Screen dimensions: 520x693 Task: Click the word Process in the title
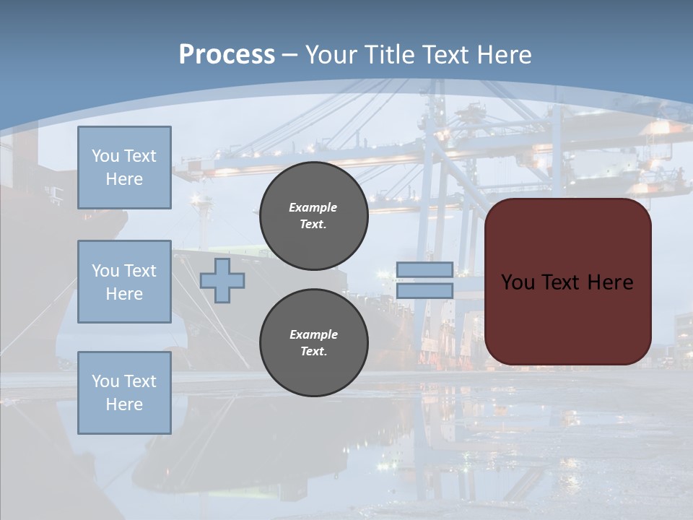point(227,55)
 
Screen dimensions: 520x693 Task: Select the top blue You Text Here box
point(124,168)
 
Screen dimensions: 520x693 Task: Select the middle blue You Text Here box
point(124,282)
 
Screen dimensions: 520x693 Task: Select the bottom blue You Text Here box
point(124,392)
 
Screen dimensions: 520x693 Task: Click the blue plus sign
point(222,280)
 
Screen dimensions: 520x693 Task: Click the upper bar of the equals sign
point(424,270)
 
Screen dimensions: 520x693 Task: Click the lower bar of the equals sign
point(424,290)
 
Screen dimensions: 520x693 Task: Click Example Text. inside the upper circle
point(313,215)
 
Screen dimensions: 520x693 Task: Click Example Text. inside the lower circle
point(313,342)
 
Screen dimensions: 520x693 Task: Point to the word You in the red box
point(518,282)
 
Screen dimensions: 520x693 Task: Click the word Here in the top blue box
point(124,179)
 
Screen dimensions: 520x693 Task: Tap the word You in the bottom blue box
point(105,381)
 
